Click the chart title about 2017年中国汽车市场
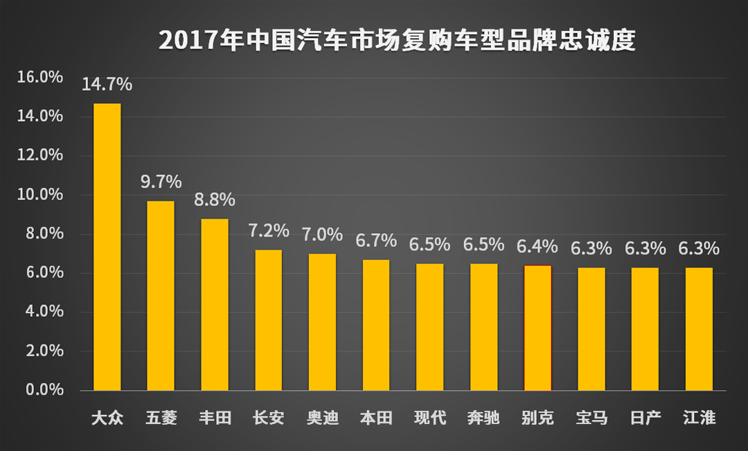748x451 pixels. coord(397,41)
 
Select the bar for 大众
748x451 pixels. coord(107,247)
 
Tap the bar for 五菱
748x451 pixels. coord(161,296)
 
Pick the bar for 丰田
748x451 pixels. coord(215,304)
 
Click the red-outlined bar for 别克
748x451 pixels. coord(537,328)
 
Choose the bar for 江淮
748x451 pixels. coord(699,329)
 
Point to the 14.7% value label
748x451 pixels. coord(107,85)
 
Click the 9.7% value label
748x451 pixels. coord(161,183)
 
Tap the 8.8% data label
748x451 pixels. coord(215,200)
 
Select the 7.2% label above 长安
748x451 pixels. coord(269,231)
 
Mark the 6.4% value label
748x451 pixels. coord(537,247)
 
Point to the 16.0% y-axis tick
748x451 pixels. coord(40,77)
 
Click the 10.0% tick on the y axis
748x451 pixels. coord(40,194)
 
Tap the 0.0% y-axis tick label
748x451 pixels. coord(44,390)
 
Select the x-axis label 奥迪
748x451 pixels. coord(323,418)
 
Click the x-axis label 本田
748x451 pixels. coord(376,418)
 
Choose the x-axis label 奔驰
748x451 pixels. coord(483,418)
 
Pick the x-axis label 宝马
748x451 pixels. coord(591,418)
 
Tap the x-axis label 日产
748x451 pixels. coord(645,418)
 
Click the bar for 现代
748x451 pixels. coord(430,327)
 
